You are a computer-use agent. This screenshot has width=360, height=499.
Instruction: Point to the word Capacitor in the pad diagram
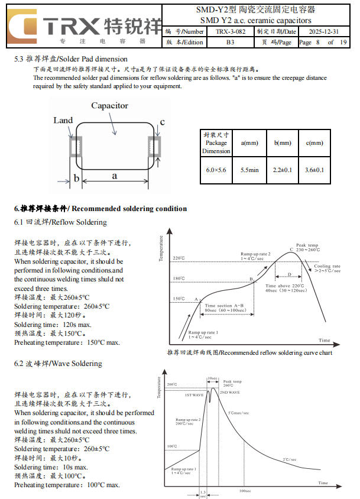click(109, 106)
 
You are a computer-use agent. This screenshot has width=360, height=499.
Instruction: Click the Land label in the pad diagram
click(63, 120)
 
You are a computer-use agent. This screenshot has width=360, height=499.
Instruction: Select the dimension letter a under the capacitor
click(114, 176)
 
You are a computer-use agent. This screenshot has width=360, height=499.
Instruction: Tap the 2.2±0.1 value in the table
click(283, 170)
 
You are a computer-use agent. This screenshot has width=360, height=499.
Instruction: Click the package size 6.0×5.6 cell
click(216, 170)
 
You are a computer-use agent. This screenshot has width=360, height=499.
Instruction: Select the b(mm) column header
click(283, 143)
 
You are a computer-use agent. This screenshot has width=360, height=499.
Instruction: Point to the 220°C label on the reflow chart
click(179, 258)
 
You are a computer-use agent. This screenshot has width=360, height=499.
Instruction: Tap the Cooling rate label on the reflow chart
click(327, 267)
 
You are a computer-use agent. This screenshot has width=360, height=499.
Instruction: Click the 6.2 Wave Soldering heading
click(58, 363)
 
